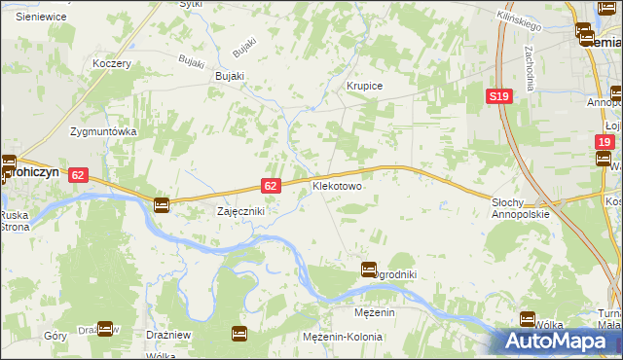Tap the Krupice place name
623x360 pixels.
tap(365, 87)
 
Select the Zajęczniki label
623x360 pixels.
tap(239, 210)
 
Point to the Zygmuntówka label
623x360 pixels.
tap(102, 131)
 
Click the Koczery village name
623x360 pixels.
tap(111, 63)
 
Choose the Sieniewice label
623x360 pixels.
tap(41, 17)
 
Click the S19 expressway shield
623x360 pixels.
tap(499, 96)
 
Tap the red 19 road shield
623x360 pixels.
tap(605, 142)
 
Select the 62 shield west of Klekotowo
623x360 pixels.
tap(272, 185)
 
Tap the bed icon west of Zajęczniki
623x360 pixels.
tap(162, 205)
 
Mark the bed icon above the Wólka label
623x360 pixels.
tap(528, 318)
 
